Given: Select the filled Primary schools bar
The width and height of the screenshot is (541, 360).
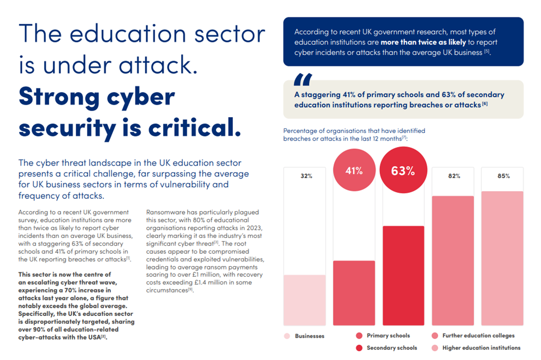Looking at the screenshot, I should pyautogui.click(x=354, y=293).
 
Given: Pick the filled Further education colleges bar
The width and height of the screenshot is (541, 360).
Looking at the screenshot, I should pyautogui.click(x=453, y=260).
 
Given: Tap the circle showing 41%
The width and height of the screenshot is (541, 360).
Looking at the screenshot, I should pyautogui.click(x=354, y=170).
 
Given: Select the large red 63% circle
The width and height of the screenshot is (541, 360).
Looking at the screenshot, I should pyautogui.click(x=403, y=170).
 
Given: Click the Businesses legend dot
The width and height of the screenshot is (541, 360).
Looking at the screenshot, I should pyautogui.click(x=287, y=336).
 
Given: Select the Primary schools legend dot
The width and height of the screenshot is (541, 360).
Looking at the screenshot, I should pyautogui.click(x=359, y=336).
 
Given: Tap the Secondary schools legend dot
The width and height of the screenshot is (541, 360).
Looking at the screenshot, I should pyautogui.click(x=359, y=347).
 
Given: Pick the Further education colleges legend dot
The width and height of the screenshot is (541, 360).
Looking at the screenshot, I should pyautogui.click(x=435, y=336).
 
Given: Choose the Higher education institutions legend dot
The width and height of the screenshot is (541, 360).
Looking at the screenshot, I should pyautogui.click(x=435, y=347).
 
